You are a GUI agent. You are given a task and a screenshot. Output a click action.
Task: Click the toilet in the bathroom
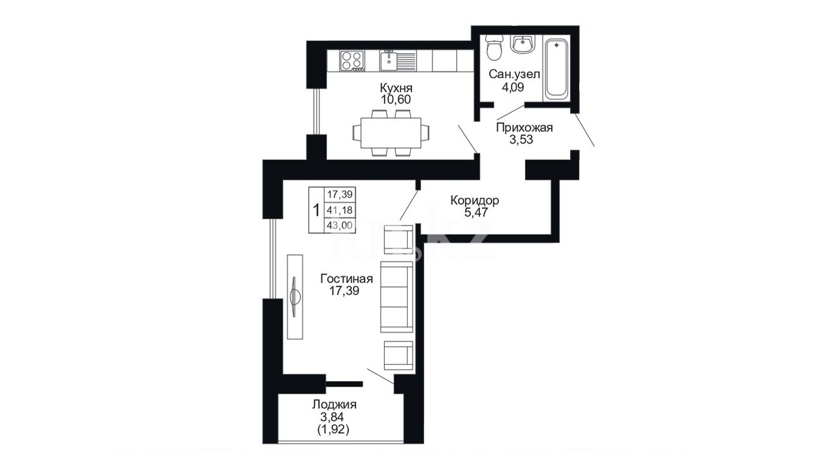[494, 48]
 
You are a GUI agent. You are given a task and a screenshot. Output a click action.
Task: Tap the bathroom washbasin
[522, 44]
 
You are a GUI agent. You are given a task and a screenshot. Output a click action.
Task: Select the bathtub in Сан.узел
[556, 69]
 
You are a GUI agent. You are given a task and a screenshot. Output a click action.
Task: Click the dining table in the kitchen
[391, 133]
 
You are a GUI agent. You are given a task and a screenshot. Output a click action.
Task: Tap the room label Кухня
[396, 88]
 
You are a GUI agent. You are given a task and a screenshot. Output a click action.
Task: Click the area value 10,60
[396, 100]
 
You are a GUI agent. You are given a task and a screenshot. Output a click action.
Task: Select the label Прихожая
[524, 128]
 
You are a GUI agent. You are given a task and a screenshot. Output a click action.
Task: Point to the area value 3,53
[521, 140]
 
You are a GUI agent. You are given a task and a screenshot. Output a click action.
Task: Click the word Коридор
[474, 200]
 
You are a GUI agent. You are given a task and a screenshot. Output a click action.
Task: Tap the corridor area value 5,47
[476, 212]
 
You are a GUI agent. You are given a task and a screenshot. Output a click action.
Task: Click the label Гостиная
[347, 278]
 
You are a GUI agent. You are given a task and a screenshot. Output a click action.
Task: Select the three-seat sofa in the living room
[396, 297]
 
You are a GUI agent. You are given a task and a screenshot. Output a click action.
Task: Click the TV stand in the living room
[295, 297]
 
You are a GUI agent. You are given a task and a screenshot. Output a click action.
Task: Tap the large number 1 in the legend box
[316, 210]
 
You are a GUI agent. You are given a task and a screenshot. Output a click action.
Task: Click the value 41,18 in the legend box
[340, 210]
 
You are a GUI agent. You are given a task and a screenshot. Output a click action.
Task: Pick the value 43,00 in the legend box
[340, 225]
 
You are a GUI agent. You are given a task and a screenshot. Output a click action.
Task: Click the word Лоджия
[334, 405]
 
